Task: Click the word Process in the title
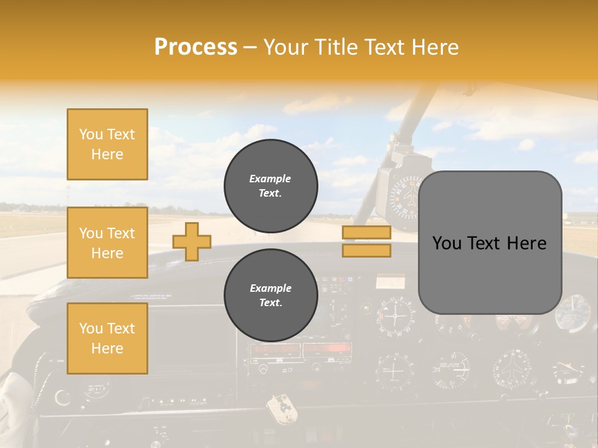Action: point(196,47)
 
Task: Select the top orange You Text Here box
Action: point(107,144)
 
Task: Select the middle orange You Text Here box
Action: point(107,243)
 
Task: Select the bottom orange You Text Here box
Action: point(107,338)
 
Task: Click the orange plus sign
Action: point(192,241)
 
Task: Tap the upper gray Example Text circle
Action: point(270,186)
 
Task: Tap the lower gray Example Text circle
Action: point(270,296)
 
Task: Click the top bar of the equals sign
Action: point(366,233)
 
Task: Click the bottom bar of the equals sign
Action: point(366,250)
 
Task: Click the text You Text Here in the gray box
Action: point(489,243)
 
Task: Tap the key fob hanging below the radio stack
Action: point(280,408)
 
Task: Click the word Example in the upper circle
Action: point(270,179)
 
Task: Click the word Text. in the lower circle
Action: point(270,303)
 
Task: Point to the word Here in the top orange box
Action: point(107,154)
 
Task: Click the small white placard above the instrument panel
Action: point(390,282)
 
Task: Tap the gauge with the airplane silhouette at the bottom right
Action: point(513,369)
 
